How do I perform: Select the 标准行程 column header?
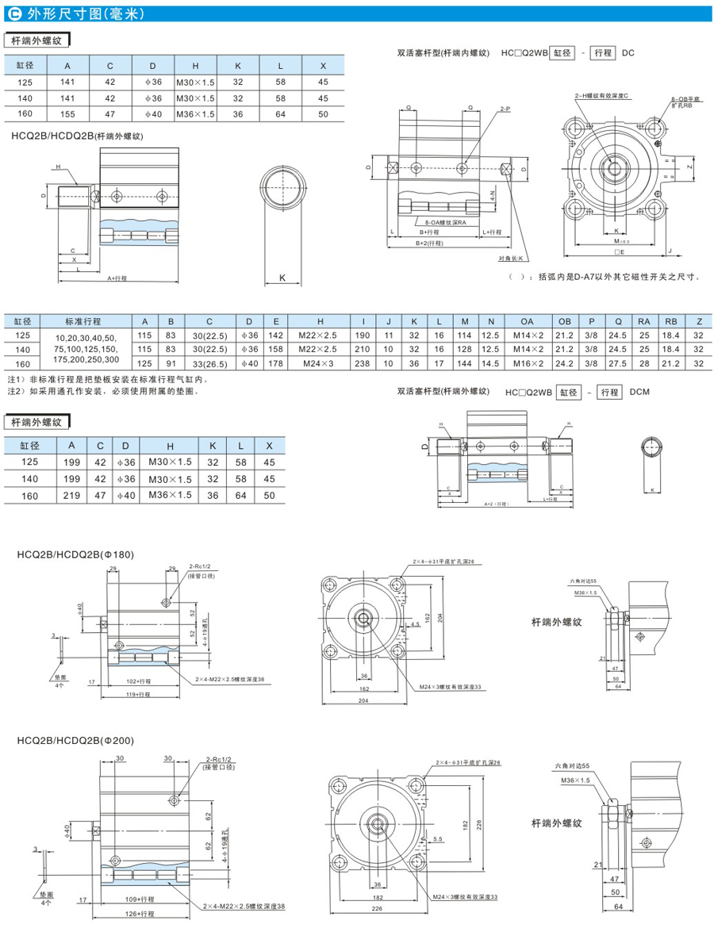click(x=82, y=321)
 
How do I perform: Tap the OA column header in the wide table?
click(x=526, y=321)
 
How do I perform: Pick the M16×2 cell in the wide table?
click(x=526, y=362)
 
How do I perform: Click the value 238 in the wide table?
click(x=363, y=362)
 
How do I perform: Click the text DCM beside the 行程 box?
click(x=639, y=391)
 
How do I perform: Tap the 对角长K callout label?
click(x=513, y=259)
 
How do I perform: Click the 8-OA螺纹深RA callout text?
click(x=446, y=223)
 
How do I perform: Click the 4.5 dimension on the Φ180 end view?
click(x=415, y=624)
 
